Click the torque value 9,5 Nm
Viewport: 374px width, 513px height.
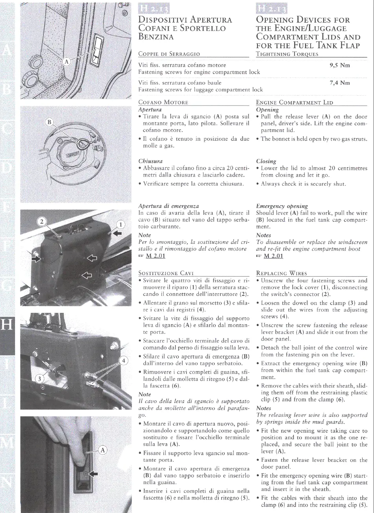[x=339, y=65]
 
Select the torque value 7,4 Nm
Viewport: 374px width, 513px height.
[x=339, y=83]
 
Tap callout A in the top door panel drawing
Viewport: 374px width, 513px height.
[x=67, y=61]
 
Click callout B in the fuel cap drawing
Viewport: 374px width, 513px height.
[x=50, y=122]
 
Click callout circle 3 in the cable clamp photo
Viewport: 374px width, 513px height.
[x=39, y=379]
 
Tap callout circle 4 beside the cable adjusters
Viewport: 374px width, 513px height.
[x=123, y=361]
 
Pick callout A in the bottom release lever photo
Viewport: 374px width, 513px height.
[x=102, y=450]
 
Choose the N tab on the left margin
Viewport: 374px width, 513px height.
[x=7, y=481]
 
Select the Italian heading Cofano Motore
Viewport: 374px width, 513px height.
[x=163, y=103]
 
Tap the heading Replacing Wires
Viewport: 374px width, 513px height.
[x=281, y=273]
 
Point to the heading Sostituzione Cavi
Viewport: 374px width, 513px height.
[x=166, y=273]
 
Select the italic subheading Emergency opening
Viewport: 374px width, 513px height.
[x=281, y=206]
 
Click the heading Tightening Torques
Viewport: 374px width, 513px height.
[x=287, y=54]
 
